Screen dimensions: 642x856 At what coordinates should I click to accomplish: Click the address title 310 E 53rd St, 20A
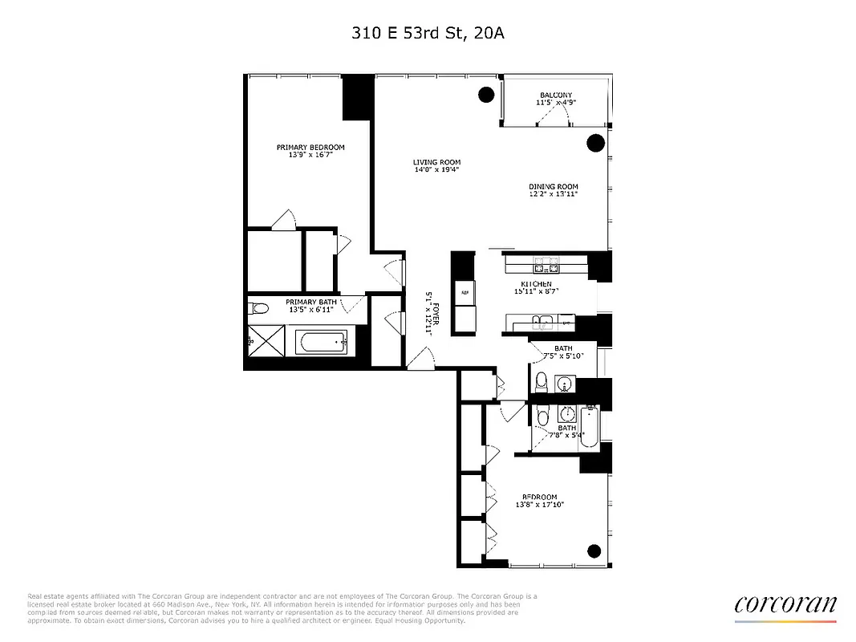tap(428, 33)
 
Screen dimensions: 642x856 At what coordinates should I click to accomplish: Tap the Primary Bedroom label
tap(310, 151)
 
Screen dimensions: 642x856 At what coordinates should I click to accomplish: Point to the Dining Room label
tap(553, 191)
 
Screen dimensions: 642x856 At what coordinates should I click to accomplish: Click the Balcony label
tap(555, 99)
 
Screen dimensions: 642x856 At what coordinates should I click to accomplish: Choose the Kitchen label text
tap(535, 288)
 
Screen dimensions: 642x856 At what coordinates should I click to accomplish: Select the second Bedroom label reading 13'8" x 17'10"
tap(539, 501)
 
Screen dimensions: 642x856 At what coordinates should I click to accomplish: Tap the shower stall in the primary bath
tap(265, 342)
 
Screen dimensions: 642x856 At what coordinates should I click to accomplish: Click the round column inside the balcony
tap(485, 95)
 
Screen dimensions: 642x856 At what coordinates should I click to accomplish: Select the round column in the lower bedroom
tap(594, 551)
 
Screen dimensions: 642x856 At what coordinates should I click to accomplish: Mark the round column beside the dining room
tap(595, 143)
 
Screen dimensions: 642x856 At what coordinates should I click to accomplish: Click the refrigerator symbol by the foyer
tap(463, 293)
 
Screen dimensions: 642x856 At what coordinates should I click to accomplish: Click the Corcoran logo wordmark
tap(785, 604)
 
